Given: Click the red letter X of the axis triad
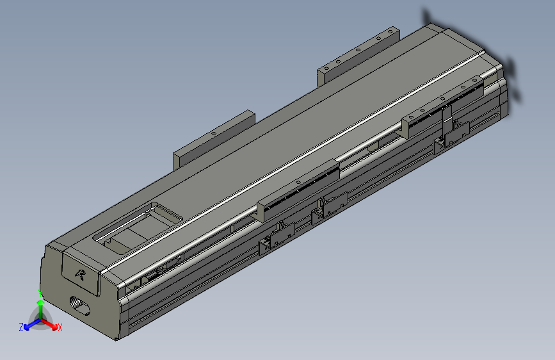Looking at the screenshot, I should pyautogui.click(x=60, y=328).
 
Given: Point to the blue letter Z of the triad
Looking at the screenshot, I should pyautogui.click(x=21, y=327).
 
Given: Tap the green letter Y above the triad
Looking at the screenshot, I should pyautogui.click(x=40, y=293).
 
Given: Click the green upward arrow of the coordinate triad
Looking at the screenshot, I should pyautogui.click(x=40, y=307).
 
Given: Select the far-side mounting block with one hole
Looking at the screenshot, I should pyautogui.click(x=213, y=140).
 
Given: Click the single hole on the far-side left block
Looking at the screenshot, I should pyautogui.click(x=213, y=133).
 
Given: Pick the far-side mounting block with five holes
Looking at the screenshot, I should pyautogui.click(x=357, y=56).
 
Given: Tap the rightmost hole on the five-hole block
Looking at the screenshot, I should pyautogui.click(x=389, y=31).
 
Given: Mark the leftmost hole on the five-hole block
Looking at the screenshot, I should pyautogui.click(x=326, y=67).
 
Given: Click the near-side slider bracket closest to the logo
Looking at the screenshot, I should pyautogui.click(x=298, y=188).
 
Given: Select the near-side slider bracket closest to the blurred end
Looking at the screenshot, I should pyautogui.click(x=442, y=102).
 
